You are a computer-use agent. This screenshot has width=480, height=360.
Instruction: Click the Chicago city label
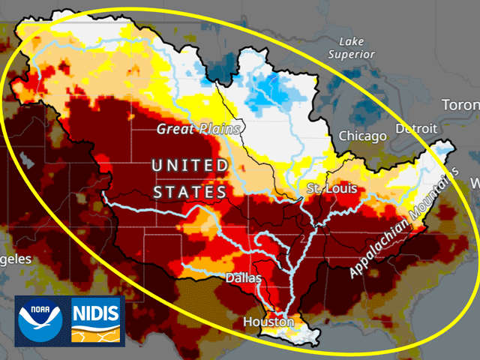coord(362,136)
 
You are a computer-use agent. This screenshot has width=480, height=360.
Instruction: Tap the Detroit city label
coord(418,129)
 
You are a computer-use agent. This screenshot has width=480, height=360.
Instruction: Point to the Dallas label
coord(244,278)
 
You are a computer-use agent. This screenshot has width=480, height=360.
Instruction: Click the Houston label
coord(268,322)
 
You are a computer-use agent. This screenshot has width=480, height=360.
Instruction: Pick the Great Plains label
coord(198,129)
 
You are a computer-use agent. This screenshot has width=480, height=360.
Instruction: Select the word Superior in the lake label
coord(356,55)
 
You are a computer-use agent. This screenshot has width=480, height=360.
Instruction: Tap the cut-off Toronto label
coord(460,105)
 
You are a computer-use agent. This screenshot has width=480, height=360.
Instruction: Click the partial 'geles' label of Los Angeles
coord(16,259)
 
